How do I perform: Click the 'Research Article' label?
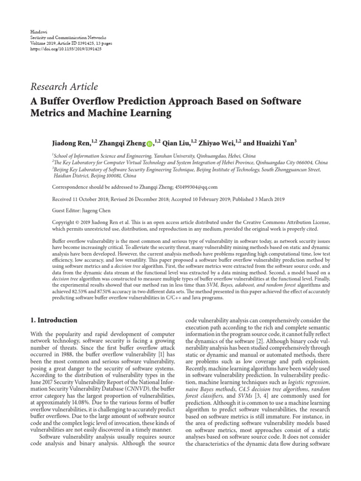64,87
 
